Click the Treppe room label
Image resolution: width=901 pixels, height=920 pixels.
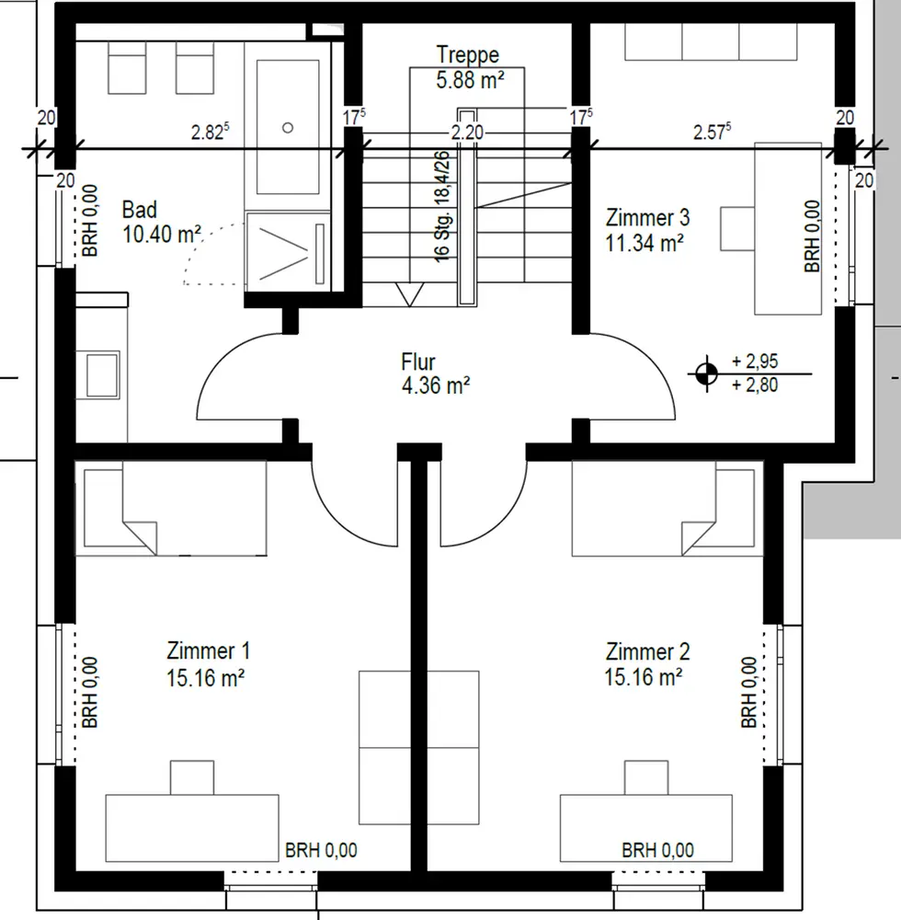pyautogui.click(x=468, y=54)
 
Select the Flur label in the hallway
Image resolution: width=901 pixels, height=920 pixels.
pyautogui.click(x=418, y=362)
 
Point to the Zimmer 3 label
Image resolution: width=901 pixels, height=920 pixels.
pyautogui.click(x=647, y=218)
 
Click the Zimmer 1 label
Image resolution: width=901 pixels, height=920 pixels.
pyautogui.click(x=208, y=650)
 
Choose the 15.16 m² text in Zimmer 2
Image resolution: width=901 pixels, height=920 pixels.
pyautogui.click(x=644, y=677)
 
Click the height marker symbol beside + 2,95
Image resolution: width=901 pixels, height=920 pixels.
pyautogui.click(x=706, y=374)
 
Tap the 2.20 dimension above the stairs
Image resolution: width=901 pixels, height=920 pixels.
pyautogui.click(x=467, y=132)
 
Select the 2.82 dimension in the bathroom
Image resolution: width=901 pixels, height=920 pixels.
pyautogui.click(x=210, y=132)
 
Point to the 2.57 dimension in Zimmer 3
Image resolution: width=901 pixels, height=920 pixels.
pyautogui.click(x=712, y=132)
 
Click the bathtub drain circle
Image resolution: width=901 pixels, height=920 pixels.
pyautogui.click(x=287, y=127)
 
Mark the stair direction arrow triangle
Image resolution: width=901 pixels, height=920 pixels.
pyautogui.click(x=409, y=294)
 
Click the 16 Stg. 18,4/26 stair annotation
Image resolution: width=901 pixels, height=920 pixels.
pyautogui.click(x=442, y=206)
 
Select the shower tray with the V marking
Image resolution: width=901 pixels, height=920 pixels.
pyautogui.click(x=288, y=252)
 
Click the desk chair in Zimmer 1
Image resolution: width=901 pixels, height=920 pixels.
pyautogui.click(x=192, y=778)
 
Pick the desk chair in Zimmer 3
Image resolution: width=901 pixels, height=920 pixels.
pyautogui.click(x=737, y=228)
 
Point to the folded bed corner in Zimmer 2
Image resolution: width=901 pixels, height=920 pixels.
pyautogui.click(x=699, y=537)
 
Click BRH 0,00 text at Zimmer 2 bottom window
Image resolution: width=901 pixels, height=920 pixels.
pyautogui.click(x=657, y=850)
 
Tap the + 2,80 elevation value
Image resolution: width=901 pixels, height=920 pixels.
pyautogui.click(x=755, y=385)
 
